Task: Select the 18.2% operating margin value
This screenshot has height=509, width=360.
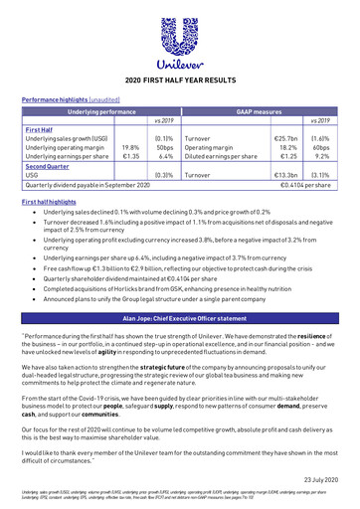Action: (x=287, y=146)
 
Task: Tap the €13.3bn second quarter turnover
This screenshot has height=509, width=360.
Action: (x=286, y=174)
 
